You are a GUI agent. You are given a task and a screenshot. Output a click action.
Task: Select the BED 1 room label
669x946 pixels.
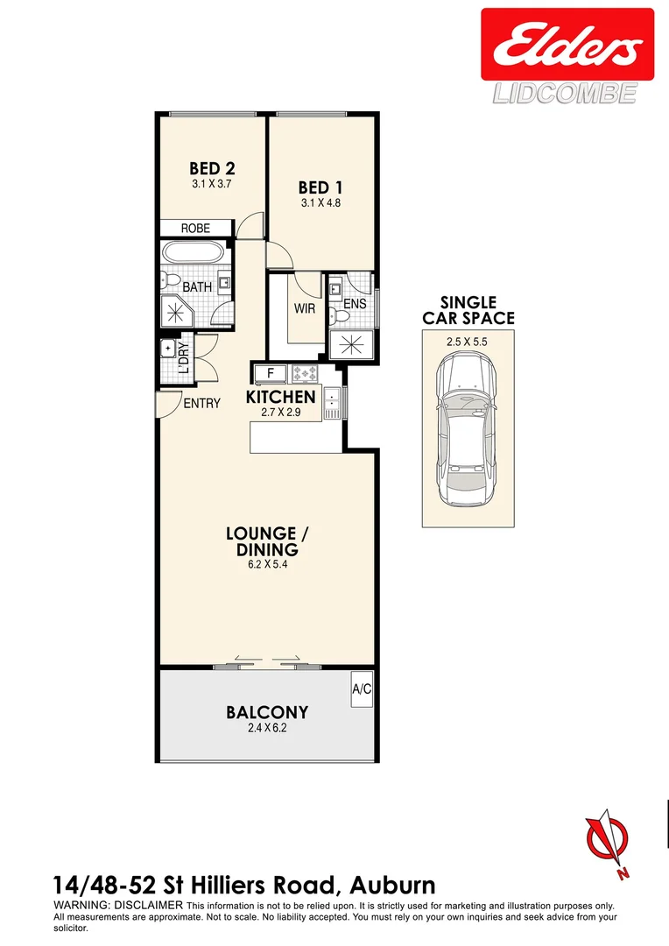pyautogui.click(x=320, y=187)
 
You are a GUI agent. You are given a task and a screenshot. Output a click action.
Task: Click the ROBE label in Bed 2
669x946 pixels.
pyautogui.click(x=195, y=228)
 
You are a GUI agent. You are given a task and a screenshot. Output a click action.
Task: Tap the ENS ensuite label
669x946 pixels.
pyautogui.click(x=355, y=304)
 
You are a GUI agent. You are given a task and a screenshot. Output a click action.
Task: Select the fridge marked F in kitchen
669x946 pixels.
pyautogui.click(x=271, y=372)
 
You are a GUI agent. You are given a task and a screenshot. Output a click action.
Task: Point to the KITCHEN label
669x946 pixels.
pyautogui.click(x=280, y=397)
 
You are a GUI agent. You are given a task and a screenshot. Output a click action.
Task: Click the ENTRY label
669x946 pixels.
pyautogui.click(x=201, y=403)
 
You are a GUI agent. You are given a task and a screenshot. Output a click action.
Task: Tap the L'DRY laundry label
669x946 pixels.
pyautogui.click(x=183, y=357)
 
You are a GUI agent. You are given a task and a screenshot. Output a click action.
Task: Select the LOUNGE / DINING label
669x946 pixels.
pyautogui.click(x=262, y=541)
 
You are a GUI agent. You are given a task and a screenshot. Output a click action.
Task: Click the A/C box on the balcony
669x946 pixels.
pyautogui.click(x=362, y=689)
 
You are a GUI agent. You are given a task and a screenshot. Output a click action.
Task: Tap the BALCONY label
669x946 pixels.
pyautogui.click(x=267, y=712)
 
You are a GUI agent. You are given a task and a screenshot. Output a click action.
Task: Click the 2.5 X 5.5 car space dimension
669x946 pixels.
pyautogui.click(x=468, y=342)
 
